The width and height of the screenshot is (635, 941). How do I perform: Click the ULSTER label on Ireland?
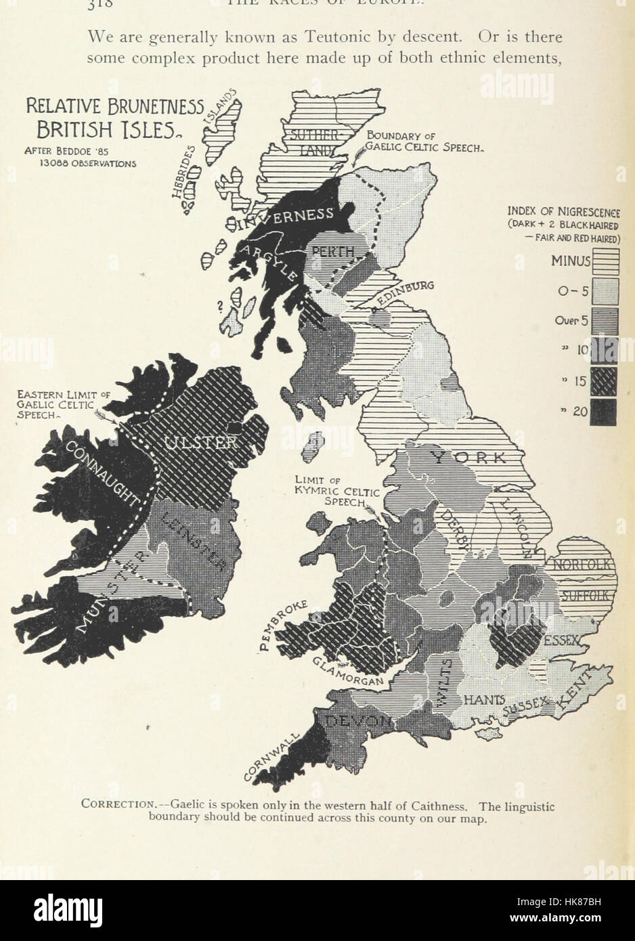pyautogui.click(x=200, y=443)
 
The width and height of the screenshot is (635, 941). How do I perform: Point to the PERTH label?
pyautogui.click(x=332, y=252)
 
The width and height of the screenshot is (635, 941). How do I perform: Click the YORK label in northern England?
pyautogui.click(x=468, y=458)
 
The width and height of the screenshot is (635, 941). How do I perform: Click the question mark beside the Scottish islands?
pyautogui.click(x=220, y=305)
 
